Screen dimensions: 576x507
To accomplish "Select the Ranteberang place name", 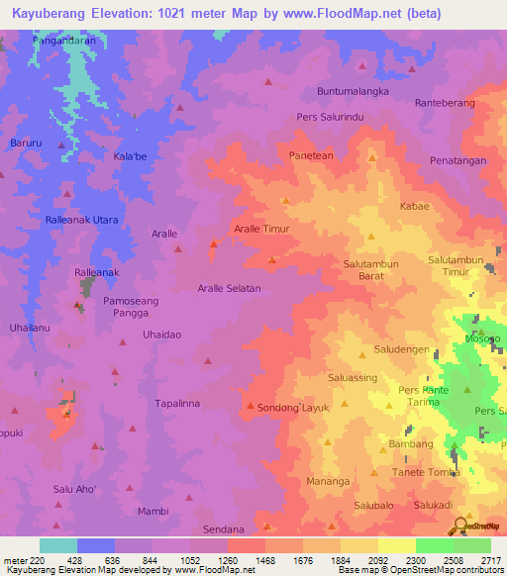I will coord(445,102).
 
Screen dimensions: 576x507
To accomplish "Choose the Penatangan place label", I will coord(458,159).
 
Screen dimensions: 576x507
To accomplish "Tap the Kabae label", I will coord(414,207).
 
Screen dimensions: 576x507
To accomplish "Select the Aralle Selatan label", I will coord(228,288).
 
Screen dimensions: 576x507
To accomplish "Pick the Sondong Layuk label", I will coord(293,407).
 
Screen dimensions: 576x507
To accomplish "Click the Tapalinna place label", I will coord(177,404).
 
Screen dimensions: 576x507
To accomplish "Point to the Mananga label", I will coord(328,481).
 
